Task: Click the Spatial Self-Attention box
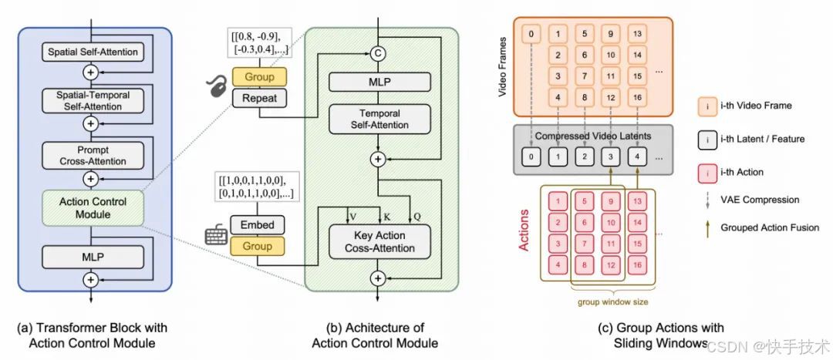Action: [x=93, y=52]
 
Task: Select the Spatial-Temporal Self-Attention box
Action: [x=93, y=99]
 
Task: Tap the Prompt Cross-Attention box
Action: [x=93, y=155]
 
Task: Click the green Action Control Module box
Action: [x=93, y=208]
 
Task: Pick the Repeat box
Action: [x=259, y=98]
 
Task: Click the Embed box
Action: [x=257, y=225]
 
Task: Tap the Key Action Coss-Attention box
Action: [x=378, y=242]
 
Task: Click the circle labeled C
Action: [x=378, y=53]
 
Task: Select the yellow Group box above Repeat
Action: [x=259, y=78]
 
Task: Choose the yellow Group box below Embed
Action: [x=257, y=246]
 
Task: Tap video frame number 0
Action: [x=531, y=34]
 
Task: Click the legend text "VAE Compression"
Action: [x=759, y=199]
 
